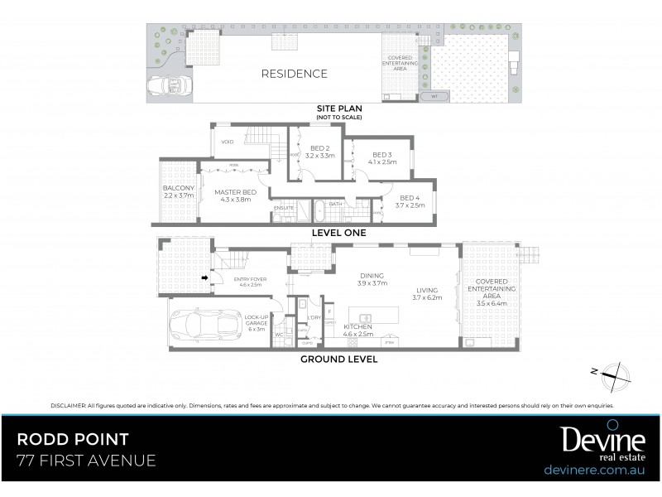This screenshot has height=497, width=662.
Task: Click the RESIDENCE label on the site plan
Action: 294,74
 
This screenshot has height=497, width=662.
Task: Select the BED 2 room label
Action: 319,152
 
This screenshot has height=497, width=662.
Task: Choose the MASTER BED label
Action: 236,195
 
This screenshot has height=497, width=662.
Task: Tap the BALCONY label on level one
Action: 178,192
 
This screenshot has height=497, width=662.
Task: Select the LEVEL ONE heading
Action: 338,234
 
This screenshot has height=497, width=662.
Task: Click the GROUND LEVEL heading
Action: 338,359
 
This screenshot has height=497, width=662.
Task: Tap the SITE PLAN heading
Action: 338,109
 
